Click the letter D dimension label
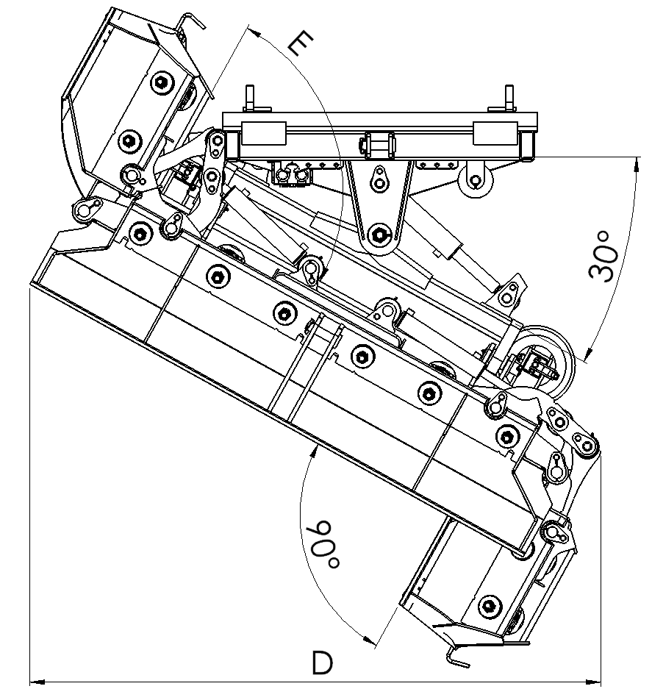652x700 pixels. [x=322, y=662]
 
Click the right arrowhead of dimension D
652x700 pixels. [x=593, y=682]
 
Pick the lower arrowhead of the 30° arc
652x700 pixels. [x=588, y=353]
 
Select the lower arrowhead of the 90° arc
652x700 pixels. [x=370, y=640]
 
